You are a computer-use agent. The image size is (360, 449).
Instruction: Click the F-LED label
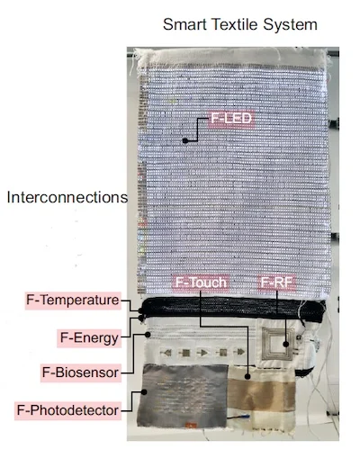(231, 118)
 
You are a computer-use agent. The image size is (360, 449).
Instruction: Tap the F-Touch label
(201, 283)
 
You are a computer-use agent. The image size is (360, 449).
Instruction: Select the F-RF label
(277, 283)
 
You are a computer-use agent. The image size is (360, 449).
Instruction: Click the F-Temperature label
(73, 301)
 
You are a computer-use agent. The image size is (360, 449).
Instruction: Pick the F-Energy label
(89, 338)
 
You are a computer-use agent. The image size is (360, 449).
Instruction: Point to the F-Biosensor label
(81, 373)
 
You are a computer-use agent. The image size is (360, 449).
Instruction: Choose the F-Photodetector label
(67, 410)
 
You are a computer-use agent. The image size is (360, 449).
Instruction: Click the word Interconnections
(67, 198)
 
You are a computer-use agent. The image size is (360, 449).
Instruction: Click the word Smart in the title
(184, 24)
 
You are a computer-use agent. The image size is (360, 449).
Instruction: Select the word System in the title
(290, 25)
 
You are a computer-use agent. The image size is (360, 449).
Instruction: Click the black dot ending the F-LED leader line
(185, 140)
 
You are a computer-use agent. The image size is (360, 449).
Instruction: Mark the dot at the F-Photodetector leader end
(144, 391)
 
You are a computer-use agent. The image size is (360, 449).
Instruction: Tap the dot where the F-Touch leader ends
(247, 376)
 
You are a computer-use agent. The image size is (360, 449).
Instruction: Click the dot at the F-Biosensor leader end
(148, 335)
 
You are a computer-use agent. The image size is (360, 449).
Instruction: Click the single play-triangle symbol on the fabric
(203, 353)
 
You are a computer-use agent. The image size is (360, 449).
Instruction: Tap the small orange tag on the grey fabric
(191, 425)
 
